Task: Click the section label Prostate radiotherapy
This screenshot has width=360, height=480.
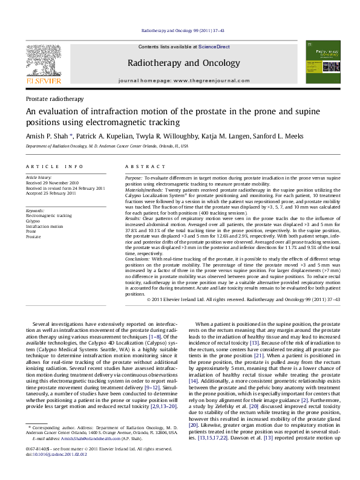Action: click(x=54, y=99)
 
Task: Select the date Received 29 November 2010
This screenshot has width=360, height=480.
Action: click(x=52, y=183)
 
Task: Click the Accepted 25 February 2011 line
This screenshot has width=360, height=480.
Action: click(x=51, y=193)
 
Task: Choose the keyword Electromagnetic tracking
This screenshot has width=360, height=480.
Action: click(x=48, y=216)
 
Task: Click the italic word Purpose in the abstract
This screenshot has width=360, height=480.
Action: click(x=134, y=179)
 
